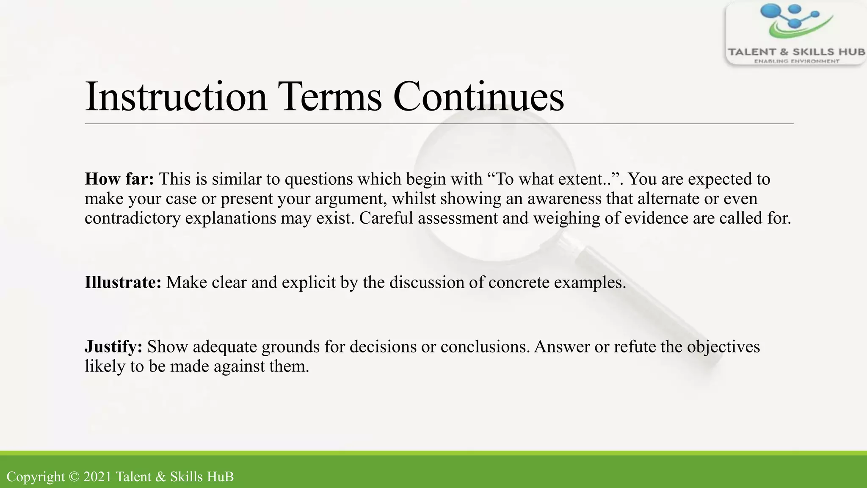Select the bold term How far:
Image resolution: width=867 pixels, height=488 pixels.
pos(119,179)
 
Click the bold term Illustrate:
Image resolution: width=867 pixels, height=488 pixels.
pos(123,283)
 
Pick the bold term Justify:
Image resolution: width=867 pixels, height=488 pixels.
pos(113,347)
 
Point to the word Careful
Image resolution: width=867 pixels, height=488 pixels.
pos(386,219)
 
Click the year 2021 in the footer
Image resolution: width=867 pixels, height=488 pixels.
pos(98,477)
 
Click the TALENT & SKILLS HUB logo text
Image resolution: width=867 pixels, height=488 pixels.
pos(796,52)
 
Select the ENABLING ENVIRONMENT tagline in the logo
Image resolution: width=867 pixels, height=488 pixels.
pos(796,61)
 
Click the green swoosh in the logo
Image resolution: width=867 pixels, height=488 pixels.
pos(796,30)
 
